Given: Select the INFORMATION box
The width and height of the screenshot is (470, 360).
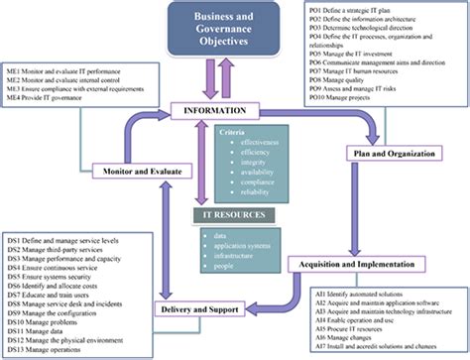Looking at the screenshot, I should [x=234, y=111].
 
